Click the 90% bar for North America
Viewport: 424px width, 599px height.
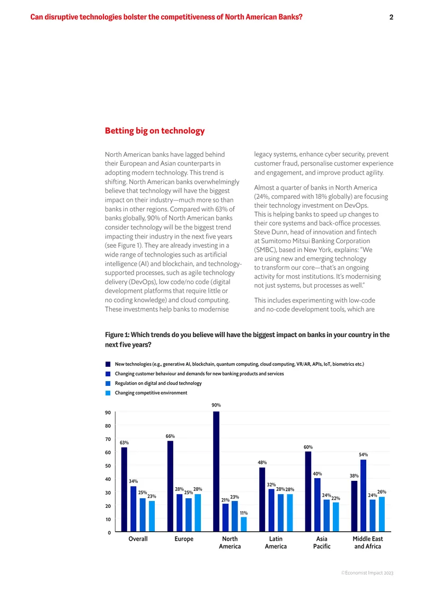pyautogui.click(x=216, y=471)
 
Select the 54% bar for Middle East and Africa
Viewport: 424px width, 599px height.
pyautogui.click(x=363, y=496)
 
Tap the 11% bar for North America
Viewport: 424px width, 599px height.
pyautogui.click(x=244, y=524)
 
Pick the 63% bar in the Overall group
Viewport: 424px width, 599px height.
pyautogui.click(x=124, y=489)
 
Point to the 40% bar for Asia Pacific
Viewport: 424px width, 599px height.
pyautogui.click(x=317, y=505)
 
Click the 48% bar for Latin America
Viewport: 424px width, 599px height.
pyautogui.click(x=262, y=499)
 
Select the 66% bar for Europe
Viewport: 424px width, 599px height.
pyautogui.click(x=170, y=486)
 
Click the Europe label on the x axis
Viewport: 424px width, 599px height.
pyautogui.click(x=184, y=539)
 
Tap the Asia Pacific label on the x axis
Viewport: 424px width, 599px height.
pyautogui.click(x=322, y=542)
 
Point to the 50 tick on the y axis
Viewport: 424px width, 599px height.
pyautogui.click(x=108, y=465)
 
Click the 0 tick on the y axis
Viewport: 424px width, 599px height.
pyautogui.click(x=109, y=533)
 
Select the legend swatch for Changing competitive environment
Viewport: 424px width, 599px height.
pyautogui.click(x=108, y=393)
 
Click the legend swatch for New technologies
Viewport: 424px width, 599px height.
pyautogui.click(x=108, y=364)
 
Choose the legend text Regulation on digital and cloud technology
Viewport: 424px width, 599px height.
pyautogui.click(x=158, y=383)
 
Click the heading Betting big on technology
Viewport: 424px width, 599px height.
pyautogui.click(x=155, y=130)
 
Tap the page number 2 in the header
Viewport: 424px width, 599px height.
pyautogui.click(x=391, y=17)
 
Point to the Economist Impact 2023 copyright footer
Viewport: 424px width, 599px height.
pyautogui.click(x=367, y=572)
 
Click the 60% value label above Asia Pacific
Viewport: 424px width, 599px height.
pyautogui.click(x=308, y=447)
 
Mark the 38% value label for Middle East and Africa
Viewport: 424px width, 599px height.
pyautogui.click(x=354, y=476)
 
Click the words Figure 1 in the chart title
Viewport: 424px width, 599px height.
pyautogui.click(x=117, y=334)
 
